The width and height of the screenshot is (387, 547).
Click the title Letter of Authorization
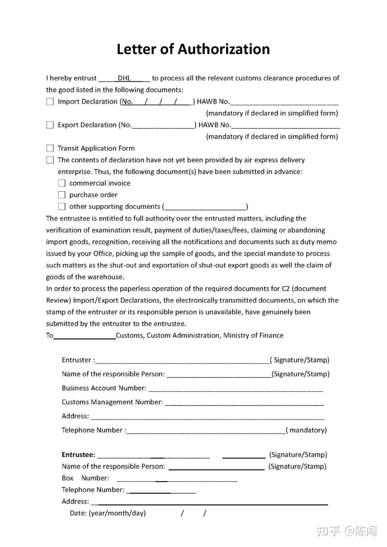click(x=193, y=49)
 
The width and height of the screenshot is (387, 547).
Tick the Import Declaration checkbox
click(x=50, y=102)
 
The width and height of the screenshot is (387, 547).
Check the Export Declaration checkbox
click(x=50, y=125)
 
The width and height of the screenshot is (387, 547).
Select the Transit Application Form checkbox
click(x=50, y=148)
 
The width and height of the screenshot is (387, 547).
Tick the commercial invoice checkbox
click(x=62, y=183)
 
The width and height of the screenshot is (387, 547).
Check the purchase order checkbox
click(x=62, y=195)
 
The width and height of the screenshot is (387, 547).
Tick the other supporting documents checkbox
click(x=62, y=207)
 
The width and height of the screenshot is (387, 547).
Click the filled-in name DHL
click(x=124, y=78)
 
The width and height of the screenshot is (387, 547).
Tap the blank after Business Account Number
click(x=235, y=389)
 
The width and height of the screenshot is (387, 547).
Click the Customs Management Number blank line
click(x=244, y=403)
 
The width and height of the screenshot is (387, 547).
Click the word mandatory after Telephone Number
click(x=308, y=430)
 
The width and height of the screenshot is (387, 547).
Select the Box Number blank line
click(x=177, y=479)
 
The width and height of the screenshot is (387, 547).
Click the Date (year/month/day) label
click(x=108, y=513)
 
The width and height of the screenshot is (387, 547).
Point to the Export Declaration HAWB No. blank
click(x=286, y=126)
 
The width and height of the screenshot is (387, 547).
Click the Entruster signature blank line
click(x=182, y=361)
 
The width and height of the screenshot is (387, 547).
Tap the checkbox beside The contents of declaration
click(x=50, y=160)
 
